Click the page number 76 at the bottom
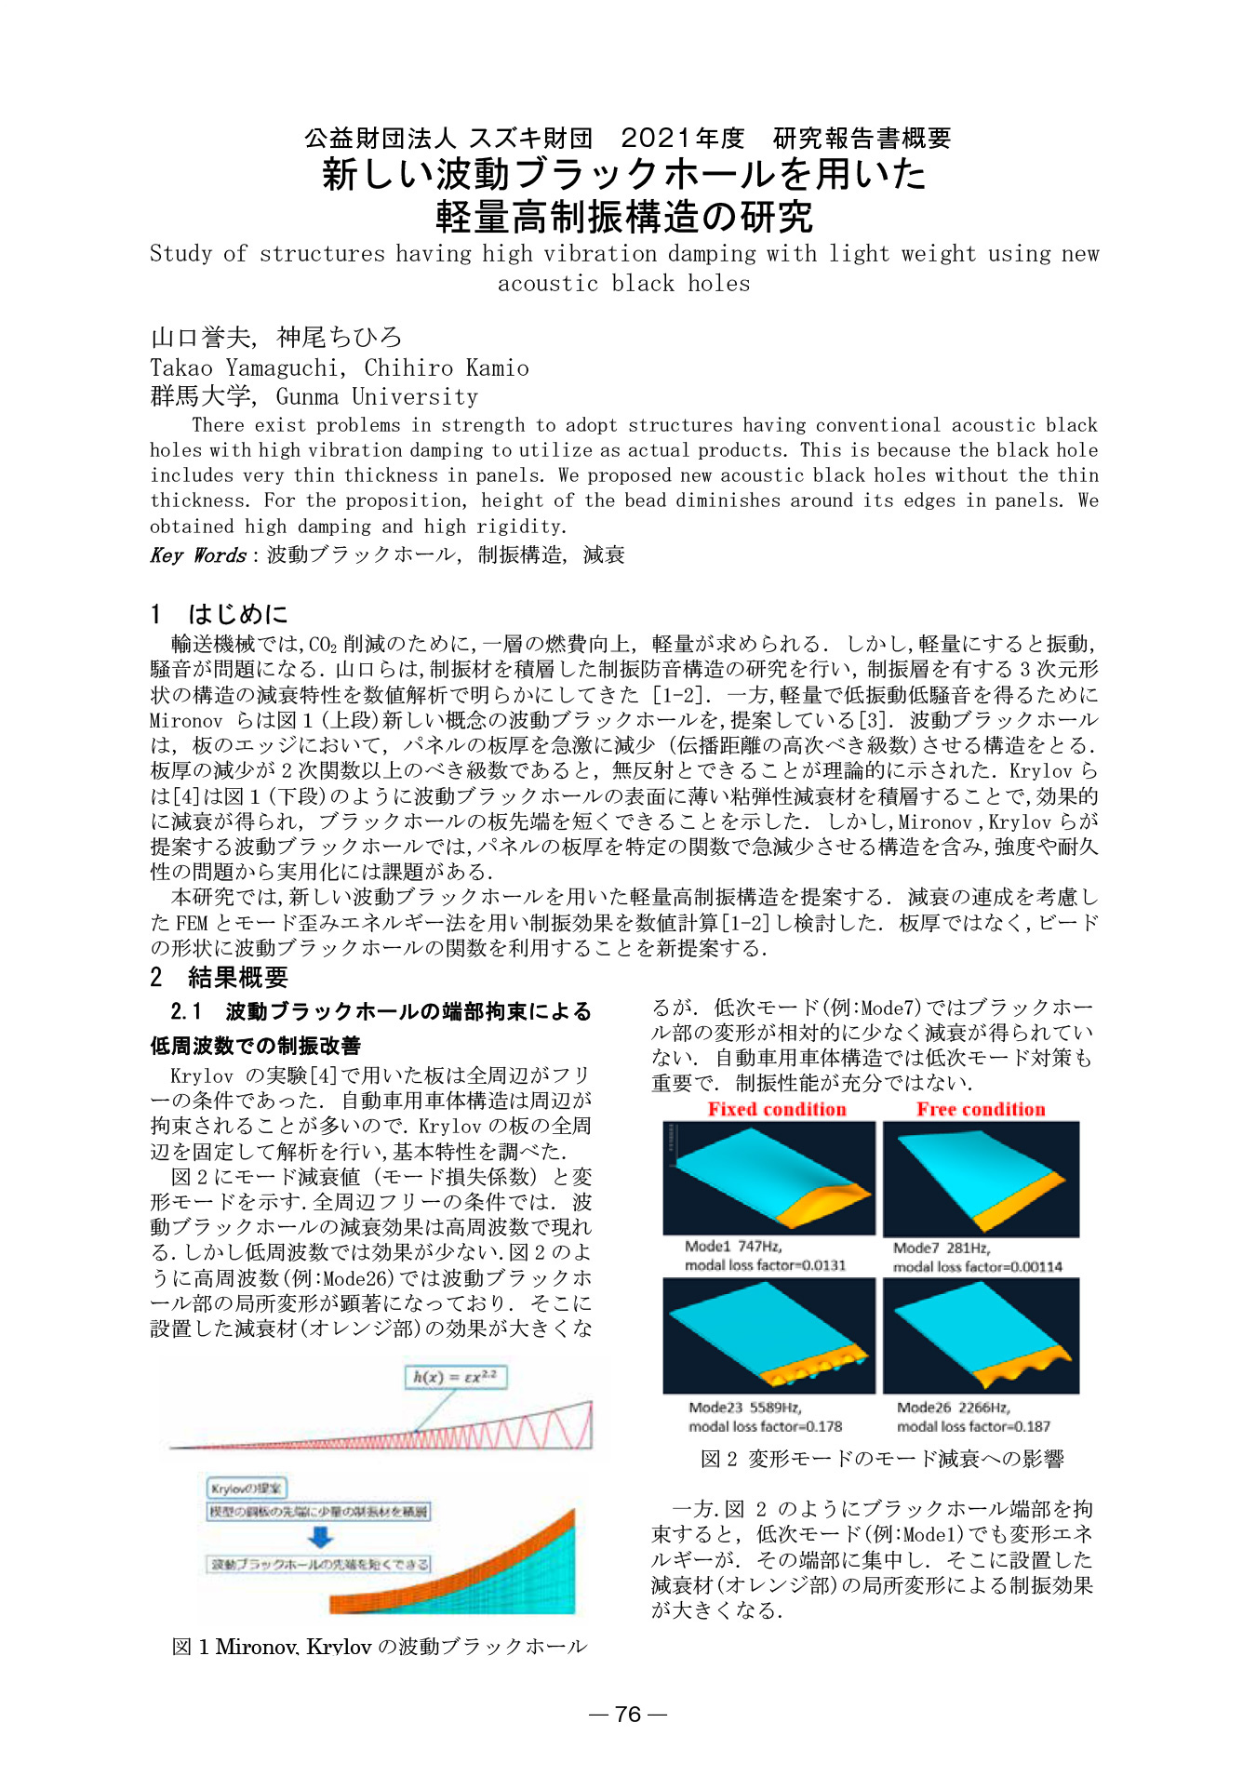click(628, 1714)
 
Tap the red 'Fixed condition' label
click(777, 1109)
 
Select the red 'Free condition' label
click(981, 1109)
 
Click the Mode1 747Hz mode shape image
click(768, 1178)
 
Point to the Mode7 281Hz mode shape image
click(981, 1179)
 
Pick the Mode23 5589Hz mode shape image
click(768, 1336)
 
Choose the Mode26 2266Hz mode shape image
click(981, 1336)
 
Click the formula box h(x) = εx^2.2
click(456, 1377)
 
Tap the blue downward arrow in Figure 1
click(320, 1537)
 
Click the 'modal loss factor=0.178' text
click(765, 1426)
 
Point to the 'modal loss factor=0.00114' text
click(977, 1267)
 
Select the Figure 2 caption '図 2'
click(718, 1459)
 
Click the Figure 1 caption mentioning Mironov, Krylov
click(380, 1647)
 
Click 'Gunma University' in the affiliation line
click(377, 397)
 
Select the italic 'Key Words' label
click(198, 555)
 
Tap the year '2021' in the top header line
click(656, 139)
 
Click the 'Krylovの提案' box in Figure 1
click(247, 1488)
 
